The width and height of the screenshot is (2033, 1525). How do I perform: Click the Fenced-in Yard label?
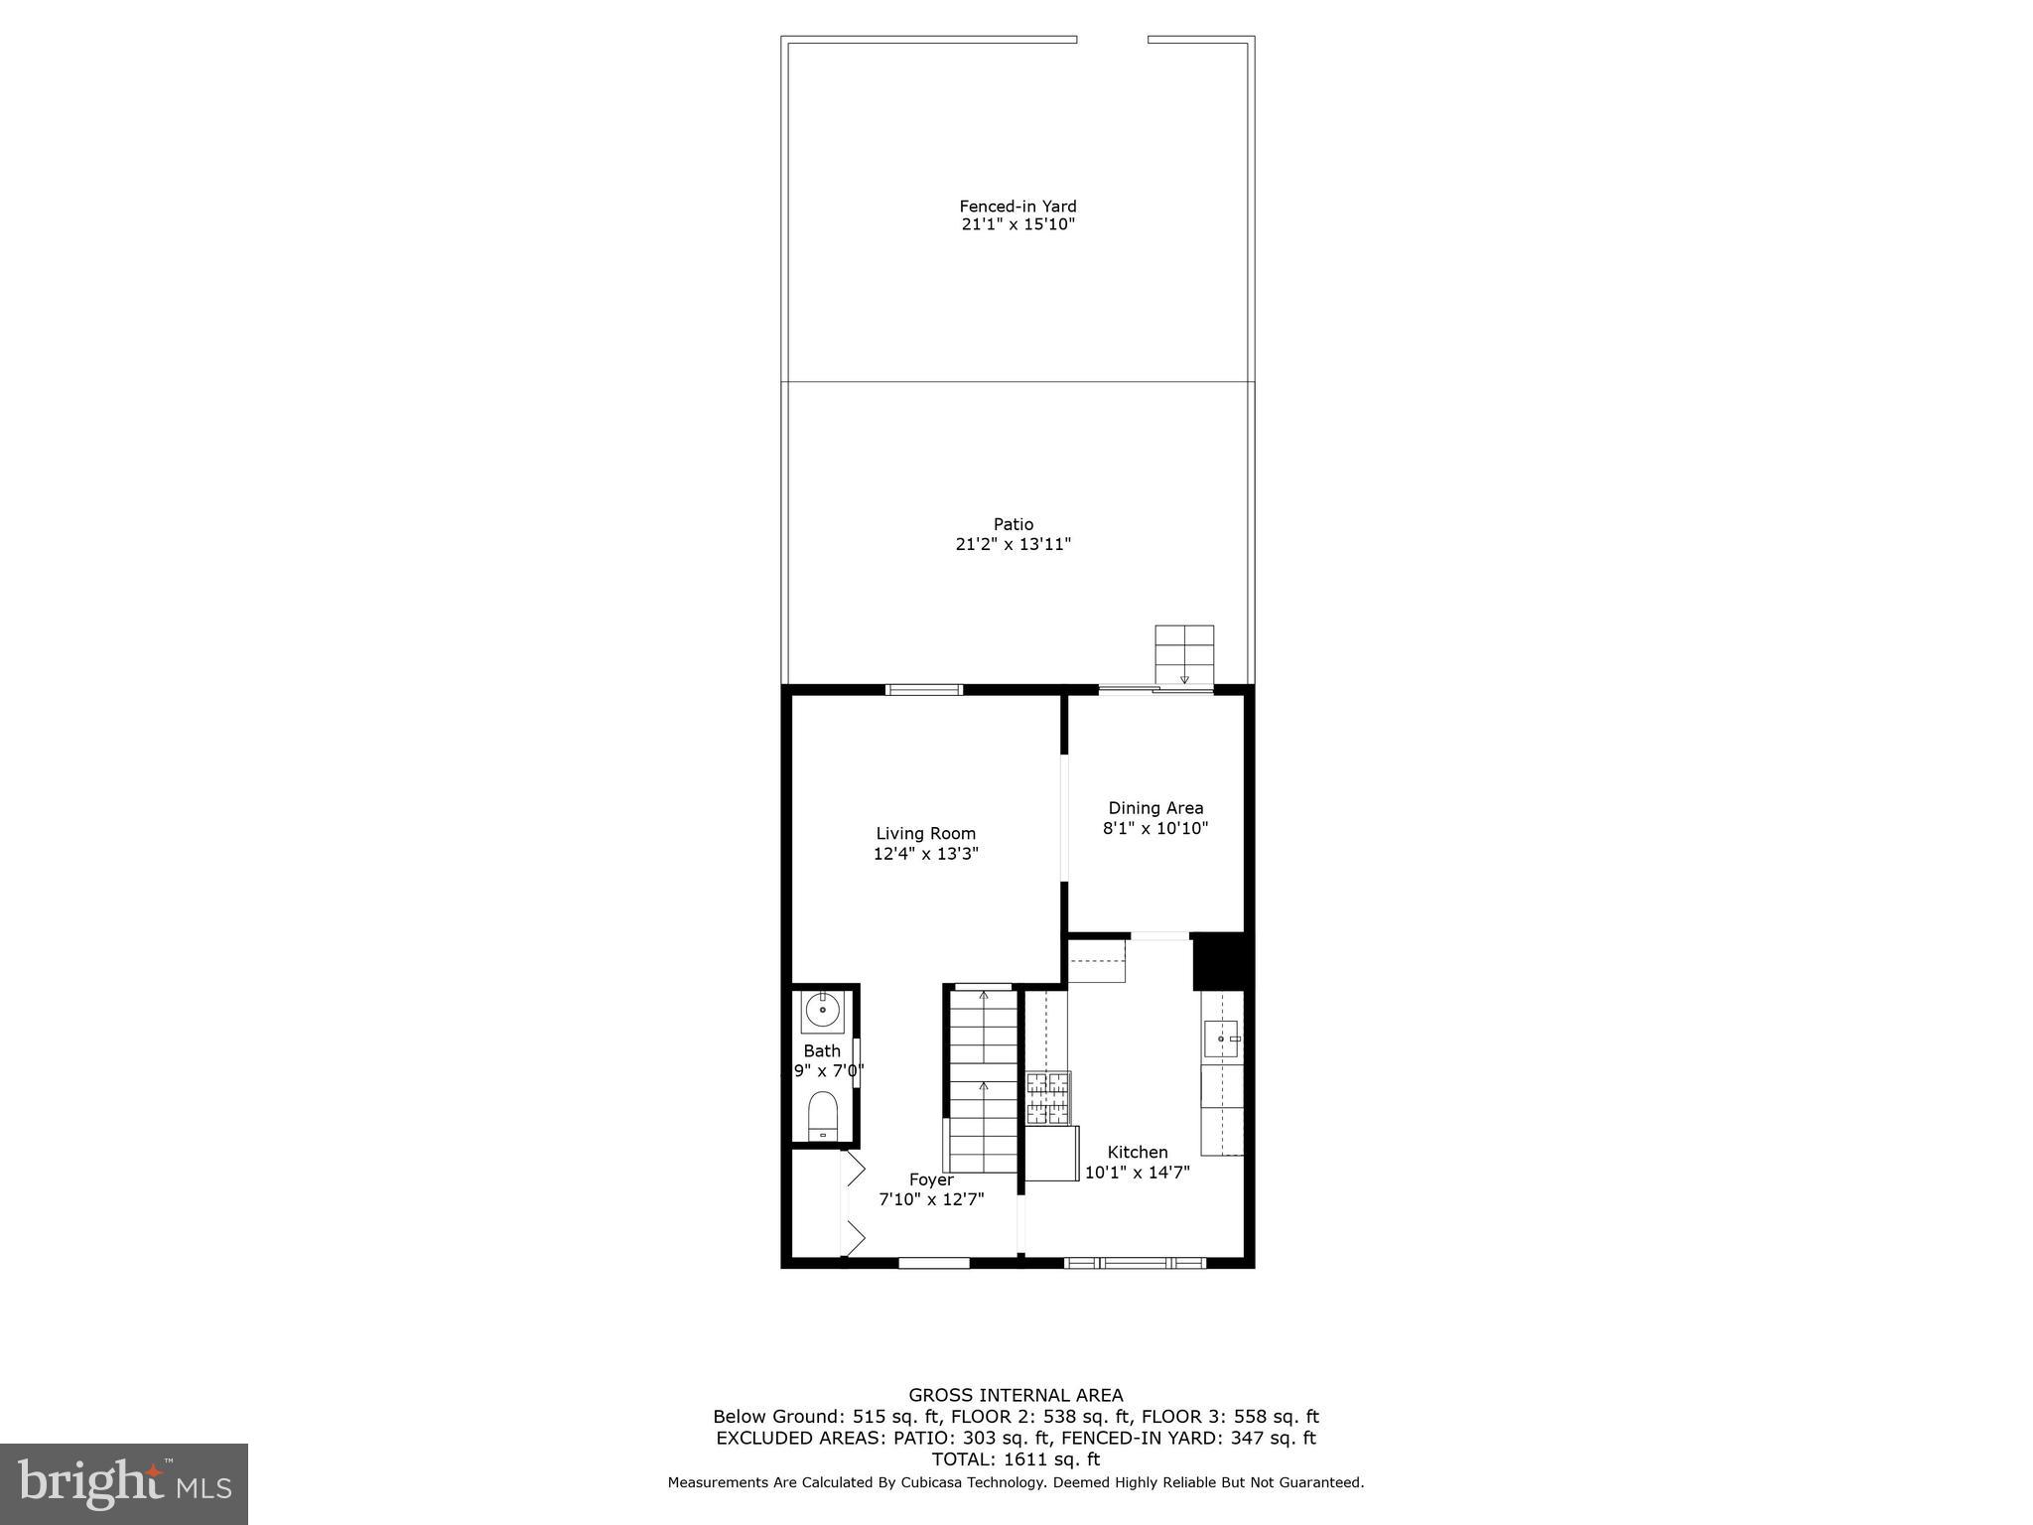click(x=1017, y=207)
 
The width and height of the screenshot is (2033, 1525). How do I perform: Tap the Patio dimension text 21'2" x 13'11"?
click(x=1013, y=544)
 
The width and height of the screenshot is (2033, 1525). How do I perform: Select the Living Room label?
click(x=925, y=834)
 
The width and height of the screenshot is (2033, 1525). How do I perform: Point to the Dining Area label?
click(x=1155, y=808)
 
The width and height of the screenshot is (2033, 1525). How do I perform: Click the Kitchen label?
click(x=1138, y=1152)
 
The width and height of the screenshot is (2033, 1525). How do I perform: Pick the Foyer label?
click(x=931, y=1179)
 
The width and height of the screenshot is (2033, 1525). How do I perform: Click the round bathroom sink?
click(x=823, y=1011)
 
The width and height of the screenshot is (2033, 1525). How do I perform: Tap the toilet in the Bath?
click(x=823, y=1116)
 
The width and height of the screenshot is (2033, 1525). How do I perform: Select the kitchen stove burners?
click(x=1048, y=1097)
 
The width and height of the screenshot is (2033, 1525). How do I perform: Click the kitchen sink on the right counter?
click(x=1222, y=1039)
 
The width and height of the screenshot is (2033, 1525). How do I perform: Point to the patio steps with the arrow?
click(x=1184, y=655)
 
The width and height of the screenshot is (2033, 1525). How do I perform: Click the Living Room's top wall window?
click(x=924, y=690)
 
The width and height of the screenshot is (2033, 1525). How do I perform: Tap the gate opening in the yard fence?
click(x=1112, y=40)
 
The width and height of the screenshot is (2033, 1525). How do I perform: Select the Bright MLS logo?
click(x=124, y=1483)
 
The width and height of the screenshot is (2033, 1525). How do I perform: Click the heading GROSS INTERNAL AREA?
click(x=1016, y=1395)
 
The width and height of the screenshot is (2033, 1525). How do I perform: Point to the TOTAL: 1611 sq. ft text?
click(x=1016, y=1458)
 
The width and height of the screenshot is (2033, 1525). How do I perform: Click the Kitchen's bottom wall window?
click(x=1135, y=1263)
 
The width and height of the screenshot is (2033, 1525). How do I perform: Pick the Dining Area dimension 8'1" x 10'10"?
click(x=1155, y=828)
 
